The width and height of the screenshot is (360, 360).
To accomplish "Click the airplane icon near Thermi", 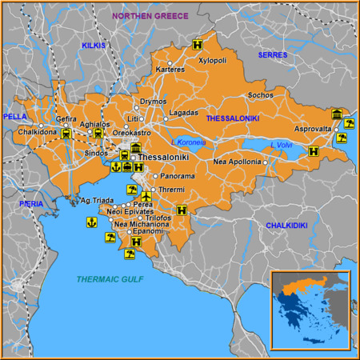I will click(x=146, y=195).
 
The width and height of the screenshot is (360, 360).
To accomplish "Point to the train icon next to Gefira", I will click(x=66, y=134).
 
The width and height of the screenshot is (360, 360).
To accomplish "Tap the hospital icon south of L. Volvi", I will click(x=313, y=150).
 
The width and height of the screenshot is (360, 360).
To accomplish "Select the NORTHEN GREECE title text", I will click(x=150, y=16).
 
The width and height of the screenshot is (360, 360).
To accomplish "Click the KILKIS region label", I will click(x=94, y=46).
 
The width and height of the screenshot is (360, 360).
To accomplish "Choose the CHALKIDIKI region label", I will click(x=286, y=226).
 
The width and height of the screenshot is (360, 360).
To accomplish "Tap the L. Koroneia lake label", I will click(x=189, y=142).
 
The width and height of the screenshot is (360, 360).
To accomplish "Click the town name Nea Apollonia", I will click(x=237, y=162).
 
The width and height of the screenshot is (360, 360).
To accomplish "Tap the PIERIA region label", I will click(x=32, y=204).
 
